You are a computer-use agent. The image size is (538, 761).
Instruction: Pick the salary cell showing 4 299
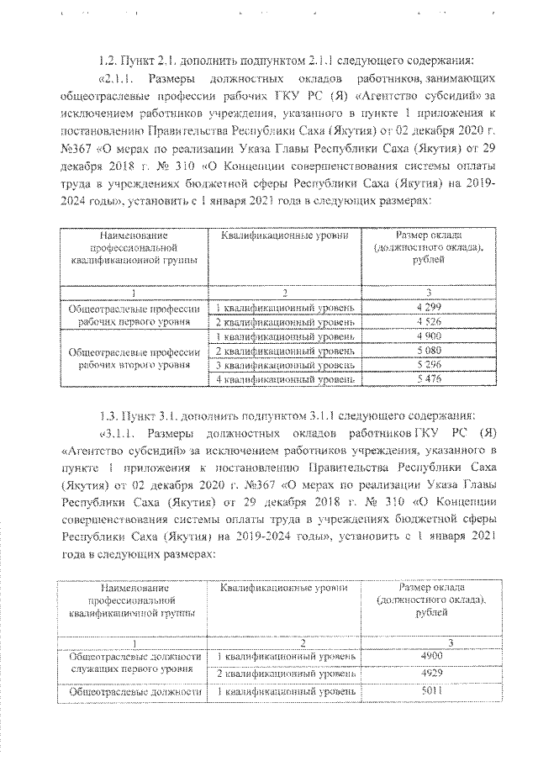[x=429, y=307]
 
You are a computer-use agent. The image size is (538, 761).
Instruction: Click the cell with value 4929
[x=429, y=674]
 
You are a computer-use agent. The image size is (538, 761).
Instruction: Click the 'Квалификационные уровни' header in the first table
[x=285, y=236]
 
